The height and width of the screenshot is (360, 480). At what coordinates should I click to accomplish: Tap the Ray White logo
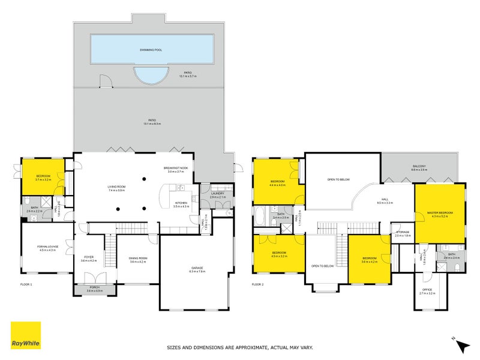pyautogui.click(x=26, y=336)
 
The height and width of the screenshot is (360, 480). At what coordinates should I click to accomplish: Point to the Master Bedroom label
pyautogui.click(x=440, y=213)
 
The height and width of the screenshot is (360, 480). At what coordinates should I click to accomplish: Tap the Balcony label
pyautogui.click(x=419, y=166)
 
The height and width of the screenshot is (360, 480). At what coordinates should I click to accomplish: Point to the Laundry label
pyautogui.click(x=217, y=193)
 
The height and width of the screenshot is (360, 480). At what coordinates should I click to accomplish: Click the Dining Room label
pyautogui.click(x=138, y=259)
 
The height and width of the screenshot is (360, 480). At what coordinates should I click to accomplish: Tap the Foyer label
pyautogui.click(x=89, y=259)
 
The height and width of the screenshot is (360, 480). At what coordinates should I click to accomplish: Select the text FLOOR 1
pyautogui.click(x=26, y=284)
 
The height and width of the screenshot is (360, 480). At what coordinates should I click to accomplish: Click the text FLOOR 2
pyautogui.click(x=258, y=284)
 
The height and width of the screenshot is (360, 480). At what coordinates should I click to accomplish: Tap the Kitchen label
pyautogui.click(x=181, y=203)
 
